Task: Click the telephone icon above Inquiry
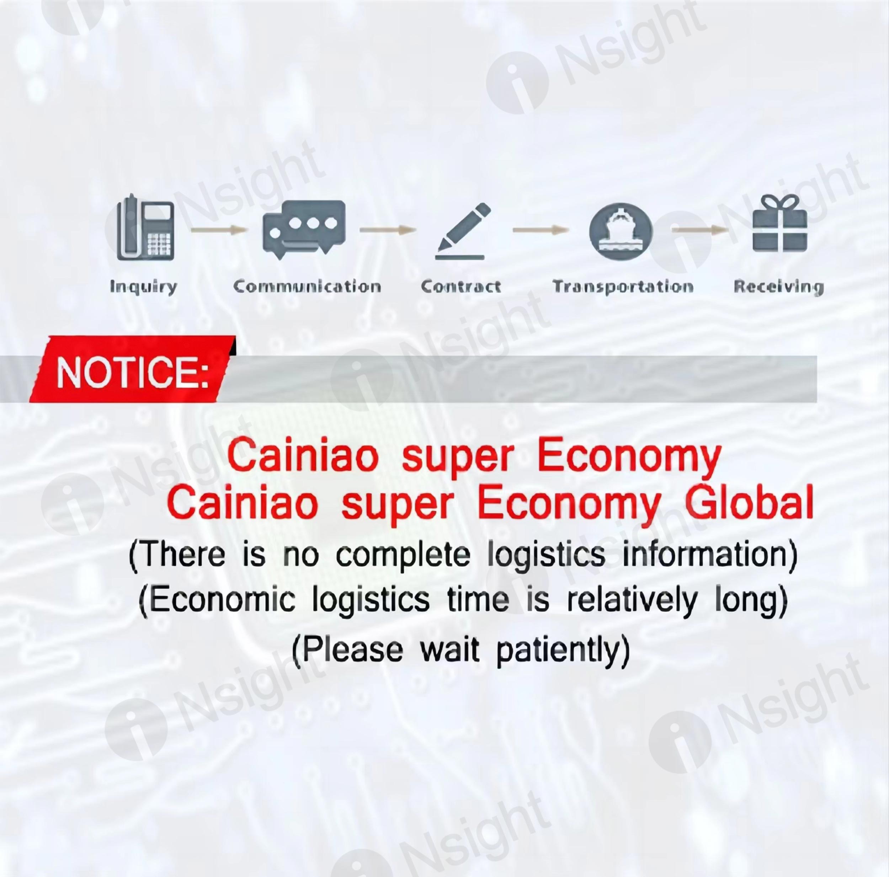tap(145, 227)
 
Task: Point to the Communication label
tap(307, 287)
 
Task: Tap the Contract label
tap(461, 287)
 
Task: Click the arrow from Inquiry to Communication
tap(219, 230)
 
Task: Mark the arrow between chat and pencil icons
tap(388, 230)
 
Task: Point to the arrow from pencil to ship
tap(541, 230)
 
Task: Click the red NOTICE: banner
tap(133, 369)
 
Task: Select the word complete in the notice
tap(403, 555)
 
